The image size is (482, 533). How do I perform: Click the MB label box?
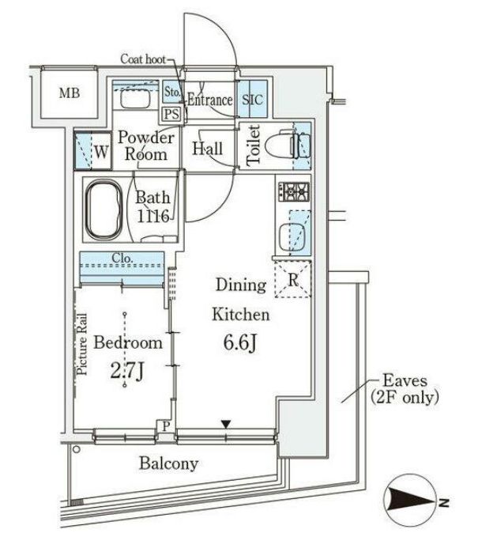point(69,93)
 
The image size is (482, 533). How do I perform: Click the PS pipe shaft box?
point(172,112)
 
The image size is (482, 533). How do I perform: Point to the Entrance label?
point(209,100)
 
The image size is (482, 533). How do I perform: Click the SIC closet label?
point(254,100)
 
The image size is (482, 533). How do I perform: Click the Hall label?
point(208,149)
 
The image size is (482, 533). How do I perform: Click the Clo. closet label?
point(122,257)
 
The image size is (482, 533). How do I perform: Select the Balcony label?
point(169,464)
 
